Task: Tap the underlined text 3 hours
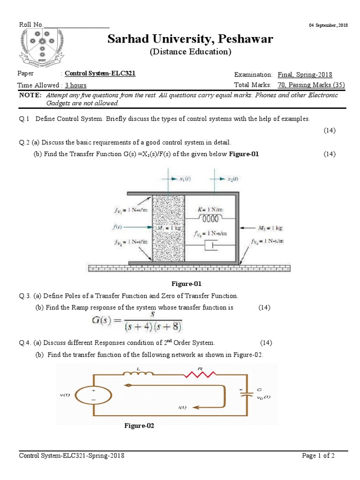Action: pos(75,85)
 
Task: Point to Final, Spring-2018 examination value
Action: pos(305,75)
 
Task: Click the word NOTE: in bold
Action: pos(30,95)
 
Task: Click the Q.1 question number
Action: pos(24,119)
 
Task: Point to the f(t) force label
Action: pos(118,227)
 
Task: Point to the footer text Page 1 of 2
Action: pos(318,456)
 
